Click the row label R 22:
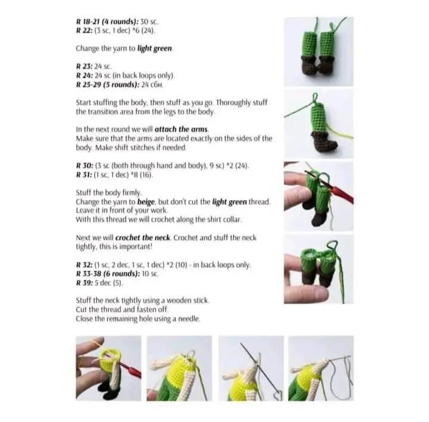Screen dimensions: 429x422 point(84,30)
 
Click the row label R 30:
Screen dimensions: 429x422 point(85,166)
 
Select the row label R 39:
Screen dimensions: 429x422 point(85,283)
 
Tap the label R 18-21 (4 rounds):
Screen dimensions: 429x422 point(107,21)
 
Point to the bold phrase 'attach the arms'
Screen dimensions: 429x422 point(181,129)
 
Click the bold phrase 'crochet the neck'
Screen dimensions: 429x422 point(142,238)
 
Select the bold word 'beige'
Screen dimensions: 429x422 point(146,202)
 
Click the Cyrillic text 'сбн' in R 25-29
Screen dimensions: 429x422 point(157,85)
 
